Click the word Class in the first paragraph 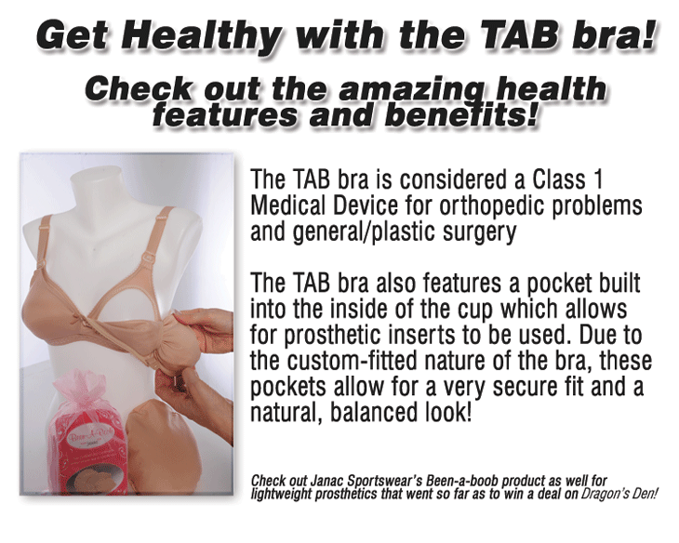pyautogui.click(x=558, y=179)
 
